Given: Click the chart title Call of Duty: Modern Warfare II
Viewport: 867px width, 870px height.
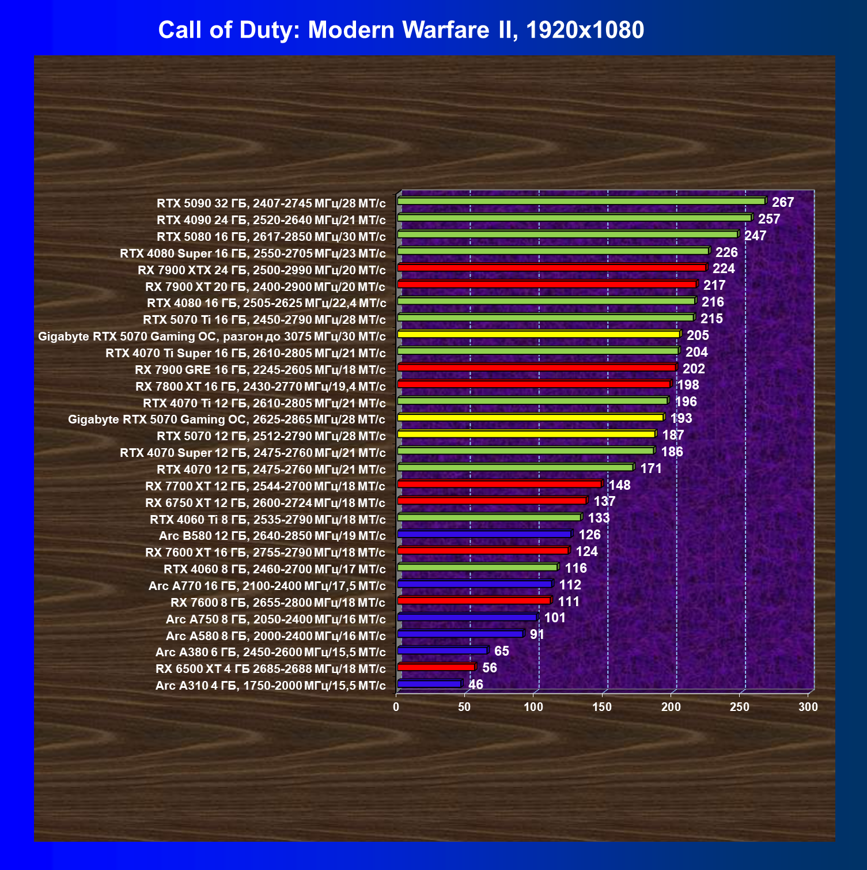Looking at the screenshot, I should (401, 30).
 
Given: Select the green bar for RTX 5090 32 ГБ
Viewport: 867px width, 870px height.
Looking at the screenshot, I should (581, 201).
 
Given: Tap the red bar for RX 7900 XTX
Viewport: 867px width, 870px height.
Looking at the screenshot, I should (551, 268).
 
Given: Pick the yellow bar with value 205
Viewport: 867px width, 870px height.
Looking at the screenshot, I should (539, 334).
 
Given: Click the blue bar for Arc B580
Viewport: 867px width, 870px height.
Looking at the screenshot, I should (484, 534).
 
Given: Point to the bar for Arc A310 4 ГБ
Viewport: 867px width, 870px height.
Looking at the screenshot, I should (429, 684).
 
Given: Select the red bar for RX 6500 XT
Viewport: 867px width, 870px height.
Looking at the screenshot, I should (436, 667).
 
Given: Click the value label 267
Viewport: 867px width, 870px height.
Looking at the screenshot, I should (783, 202).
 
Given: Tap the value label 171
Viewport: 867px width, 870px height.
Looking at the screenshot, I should (651, 468).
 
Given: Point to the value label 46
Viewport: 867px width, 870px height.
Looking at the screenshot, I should (476, 684).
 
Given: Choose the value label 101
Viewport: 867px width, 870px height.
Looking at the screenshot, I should (555, 618).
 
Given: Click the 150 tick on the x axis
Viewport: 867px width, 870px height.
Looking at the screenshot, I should (602, 707).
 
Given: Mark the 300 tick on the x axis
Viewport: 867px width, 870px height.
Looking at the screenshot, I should (808, 707).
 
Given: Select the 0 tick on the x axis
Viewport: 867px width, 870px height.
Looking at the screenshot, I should (396, 707).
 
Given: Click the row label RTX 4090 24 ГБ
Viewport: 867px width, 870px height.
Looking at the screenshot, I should (271, 220).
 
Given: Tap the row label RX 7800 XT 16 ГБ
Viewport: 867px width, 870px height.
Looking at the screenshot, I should (260, 386).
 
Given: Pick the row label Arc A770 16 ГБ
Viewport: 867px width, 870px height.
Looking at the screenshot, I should (267, 586).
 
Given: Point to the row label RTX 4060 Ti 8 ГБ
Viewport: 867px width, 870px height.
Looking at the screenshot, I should (268, 520).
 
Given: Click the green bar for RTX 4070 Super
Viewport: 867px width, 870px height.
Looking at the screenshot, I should (525, 451).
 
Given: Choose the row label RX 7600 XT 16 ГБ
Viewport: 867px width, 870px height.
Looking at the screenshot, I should (266, 553).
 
